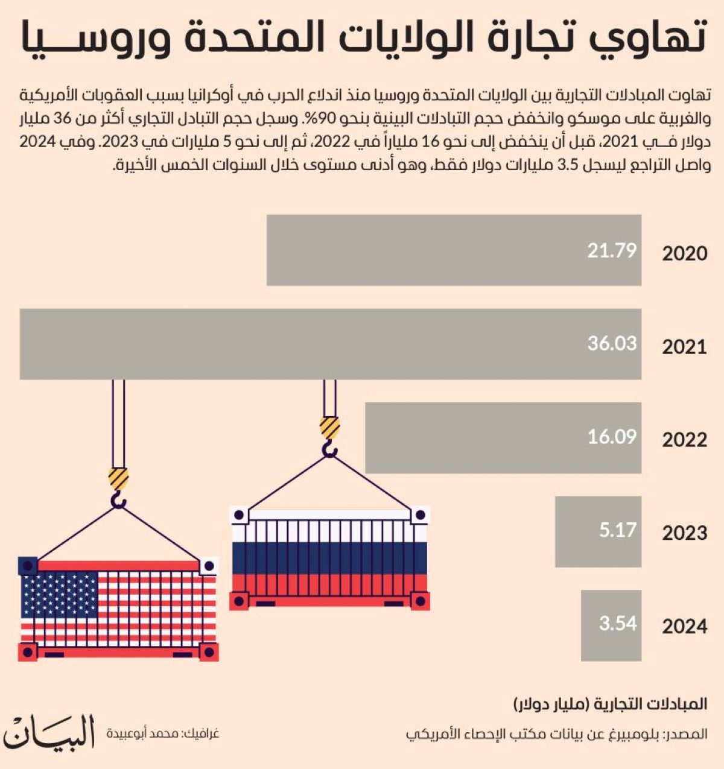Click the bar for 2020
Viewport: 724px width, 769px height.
click(x=454, y=250)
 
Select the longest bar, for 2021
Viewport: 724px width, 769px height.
click(x=330, y=344)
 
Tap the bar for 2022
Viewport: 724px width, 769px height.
click(x=503, y=437)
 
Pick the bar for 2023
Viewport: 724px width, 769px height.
click(x=597, y=531)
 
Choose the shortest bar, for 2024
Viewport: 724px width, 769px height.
click(x=611, y=625)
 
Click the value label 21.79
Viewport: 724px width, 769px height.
click(x=612, y=250)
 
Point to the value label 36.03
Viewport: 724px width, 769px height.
click(x=612, y=343)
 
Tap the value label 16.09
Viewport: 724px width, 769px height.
click(x=612, y=437)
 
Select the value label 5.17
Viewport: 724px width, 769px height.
click(x=617, y=530)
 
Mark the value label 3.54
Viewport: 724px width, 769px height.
click(x=617, y=623)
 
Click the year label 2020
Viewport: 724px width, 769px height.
click(x=684, y=253)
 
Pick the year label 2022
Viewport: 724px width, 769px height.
click(x=684, y=440)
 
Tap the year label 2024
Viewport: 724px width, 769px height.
click(x=684, y=627)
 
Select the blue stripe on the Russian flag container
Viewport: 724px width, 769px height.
click(x=329, y=558)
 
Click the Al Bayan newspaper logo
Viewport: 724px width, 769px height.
click(x=49, y=732)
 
